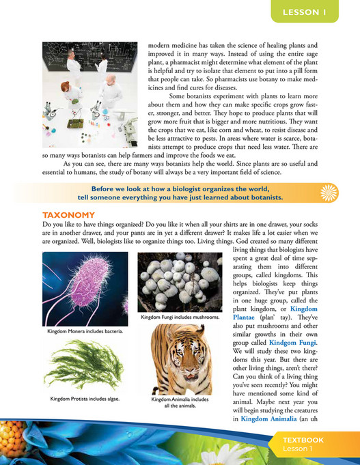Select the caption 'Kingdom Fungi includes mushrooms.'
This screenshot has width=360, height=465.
180,318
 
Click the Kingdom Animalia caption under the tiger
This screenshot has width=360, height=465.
179,401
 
